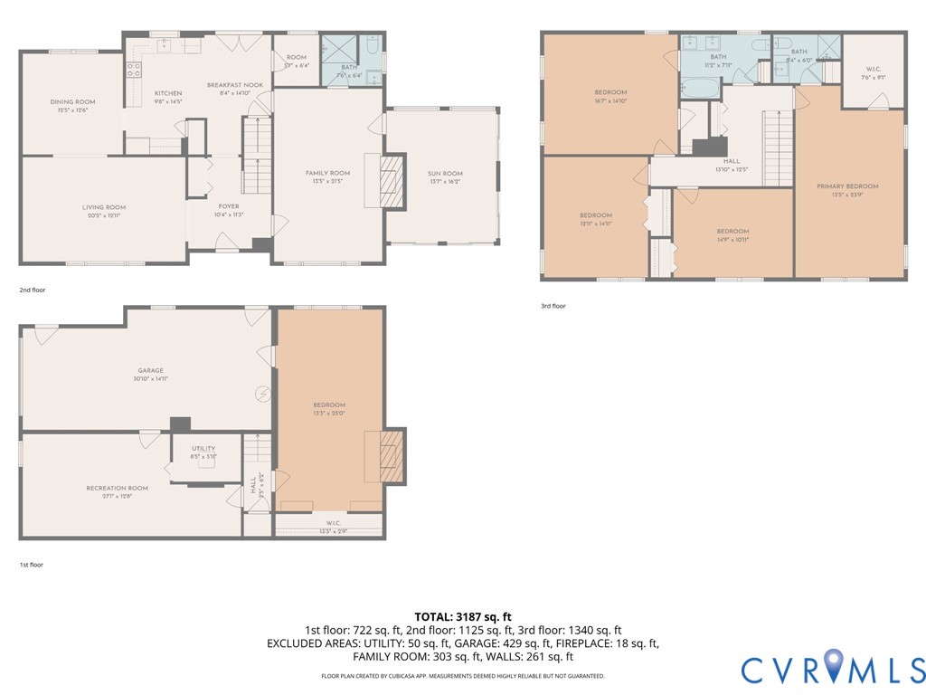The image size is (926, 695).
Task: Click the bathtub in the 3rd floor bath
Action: pos(699,90)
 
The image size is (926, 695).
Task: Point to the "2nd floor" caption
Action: pos(33,290)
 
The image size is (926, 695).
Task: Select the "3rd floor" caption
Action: pos(553,306)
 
